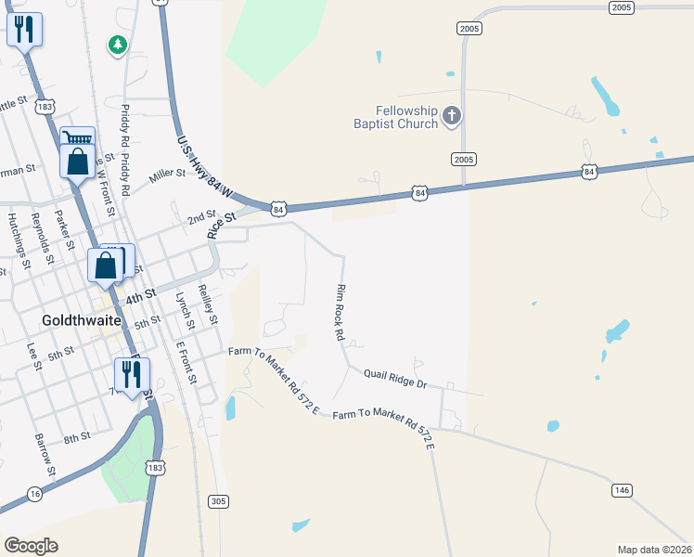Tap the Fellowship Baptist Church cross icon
(452, 116)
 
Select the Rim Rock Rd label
(340, 311)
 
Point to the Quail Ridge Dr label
(394, 378)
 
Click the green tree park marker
(117, 45)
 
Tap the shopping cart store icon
(78, 137)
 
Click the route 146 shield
(621, 489)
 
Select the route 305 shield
(218, 501)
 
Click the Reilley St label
(208, 304)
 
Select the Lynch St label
(185, 311)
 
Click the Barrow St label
(41, 450)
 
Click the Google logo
(31, 545)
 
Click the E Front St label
(186, 362)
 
